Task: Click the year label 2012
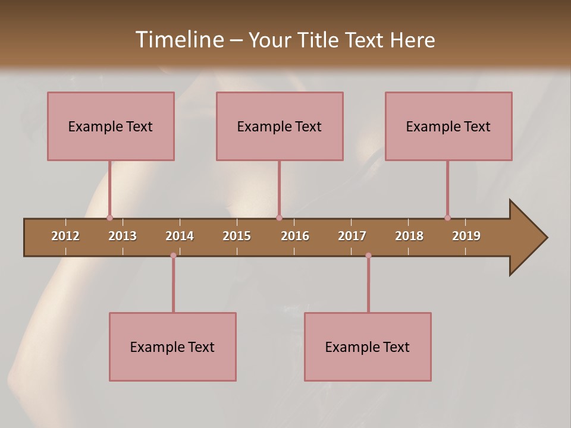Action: (x=65, y=236)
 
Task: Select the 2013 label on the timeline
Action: (x=123, y=236)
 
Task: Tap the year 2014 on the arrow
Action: (x=180, y=236)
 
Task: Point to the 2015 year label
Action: (x=237, y=236)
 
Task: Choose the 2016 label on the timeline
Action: (x=295, y=236)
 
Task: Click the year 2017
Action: (x=352, y=236)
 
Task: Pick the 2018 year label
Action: (x=409, y=236)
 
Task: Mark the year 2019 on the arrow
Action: (x=466, y=236)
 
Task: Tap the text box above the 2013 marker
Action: (x=111, y=126)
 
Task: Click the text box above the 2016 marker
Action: (x=280, y=126)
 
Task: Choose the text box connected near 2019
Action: (x=448, y=126)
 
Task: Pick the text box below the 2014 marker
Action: (x=172, y=347)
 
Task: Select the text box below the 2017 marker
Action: (x=368, y=347)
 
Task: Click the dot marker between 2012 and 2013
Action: (x=109, y=218)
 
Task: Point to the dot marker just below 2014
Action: (x=173, y=256)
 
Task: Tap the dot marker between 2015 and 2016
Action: (x=279, y=218)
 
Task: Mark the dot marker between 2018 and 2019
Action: (x=447, y=218)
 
